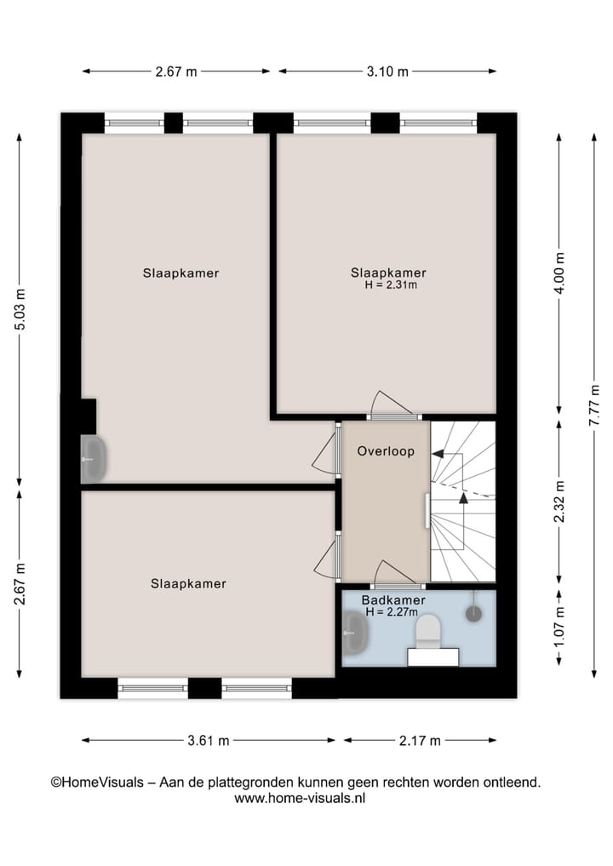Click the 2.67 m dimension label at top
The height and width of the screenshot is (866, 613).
(x=176, y=72)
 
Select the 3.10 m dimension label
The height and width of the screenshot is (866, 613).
(x=387, y=72)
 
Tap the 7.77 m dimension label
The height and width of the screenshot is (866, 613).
(x=594, y=404)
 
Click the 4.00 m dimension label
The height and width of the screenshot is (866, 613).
(x=559, y=273)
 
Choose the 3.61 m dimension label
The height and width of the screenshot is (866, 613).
(x=209, y=741)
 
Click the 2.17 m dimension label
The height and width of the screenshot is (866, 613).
(x=420, y=741)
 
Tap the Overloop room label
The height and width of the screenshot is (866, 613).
(x=386, y=451)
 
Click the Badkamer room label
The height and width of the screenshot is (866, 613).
(x=393, y=600)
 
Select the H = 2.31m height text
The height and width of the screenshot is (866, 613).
(x=389, y=284)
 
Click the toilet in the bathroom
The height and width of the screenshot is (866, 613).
(x=427, y=631)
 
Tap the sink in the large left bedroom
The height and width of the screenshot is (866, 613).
(x=93, y=458)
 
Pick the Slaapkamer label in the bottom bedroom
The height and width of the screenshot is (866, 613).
(x=188, y=584)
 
